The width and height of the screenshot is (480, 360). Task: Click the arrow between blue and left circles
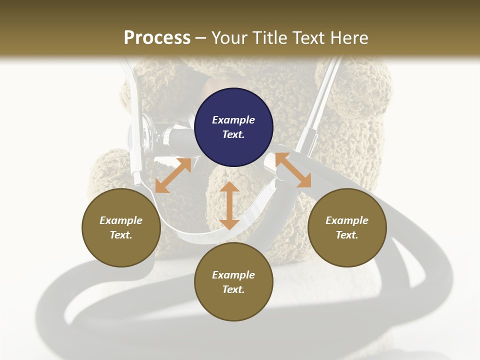[173, 175]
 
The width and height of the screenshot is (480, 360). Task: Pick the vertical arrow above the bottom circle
[229, 205]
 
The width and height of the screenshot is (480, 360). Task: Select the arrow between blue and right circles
[293, 170]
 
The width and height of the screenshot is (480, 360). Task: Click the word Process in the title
[157, 37]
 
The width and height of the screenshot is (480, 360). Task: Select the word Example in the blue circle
[233, 120]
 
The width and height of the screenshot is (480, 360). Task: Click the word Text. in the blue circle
[233, 134]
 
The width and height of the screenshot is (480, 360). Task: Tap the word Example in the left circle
[121, 220]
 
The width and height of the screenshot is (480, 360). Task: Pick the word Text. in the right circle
[347, 235]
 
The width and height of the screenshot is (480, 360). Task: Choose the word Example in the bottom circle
[233, 275]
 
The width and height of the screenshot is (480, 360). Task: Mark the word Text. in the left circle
[121, 235]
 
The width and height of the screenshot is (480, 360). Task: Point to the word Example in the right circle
[347, 220]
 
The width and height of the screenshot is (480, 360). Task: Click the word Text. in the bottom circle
[233, 289]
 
